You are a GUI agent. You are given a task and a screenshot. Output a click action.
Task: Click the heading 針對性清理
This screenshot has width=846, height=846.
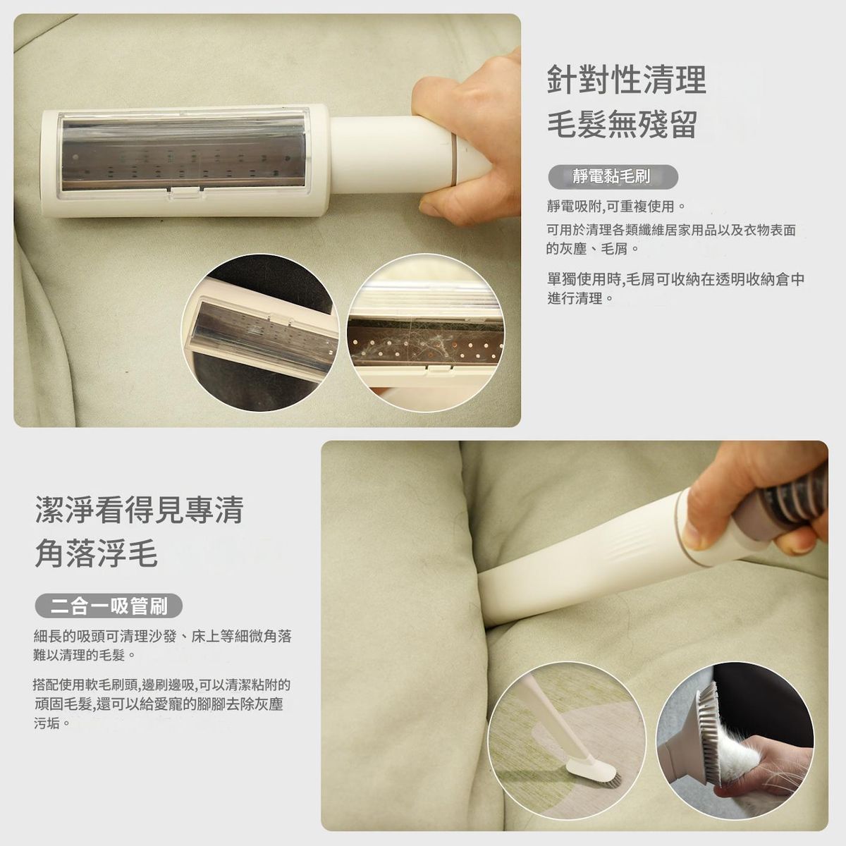627,80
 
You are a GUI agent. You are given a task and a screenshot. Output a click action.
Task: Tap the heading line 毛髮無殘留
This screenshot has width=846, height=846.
622,125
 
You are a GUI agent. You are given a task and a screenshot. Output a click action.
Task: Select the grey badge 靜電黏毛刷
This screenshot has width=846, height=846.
613,176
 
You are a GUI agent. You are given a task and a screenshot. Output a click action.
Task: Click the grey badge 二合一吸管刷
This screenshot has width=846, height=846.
109,606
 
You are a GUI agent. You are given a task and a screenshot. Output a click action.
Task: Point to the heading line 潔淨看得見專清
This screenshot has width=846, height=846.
139,510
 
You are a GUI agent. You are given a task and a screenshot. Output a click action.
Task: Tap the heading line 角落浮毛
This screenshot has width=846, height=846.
96,553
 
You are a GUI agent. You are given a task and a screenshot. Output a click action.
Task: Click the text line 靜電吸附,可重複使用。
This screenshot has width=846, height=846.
615,205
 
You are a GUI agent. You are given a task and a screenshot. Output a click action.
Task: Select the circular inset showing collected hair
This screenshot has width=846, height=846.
426,332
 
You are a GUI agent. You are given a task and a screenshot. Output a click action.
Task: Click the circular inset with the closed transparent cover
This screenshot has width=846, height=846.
260,332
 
